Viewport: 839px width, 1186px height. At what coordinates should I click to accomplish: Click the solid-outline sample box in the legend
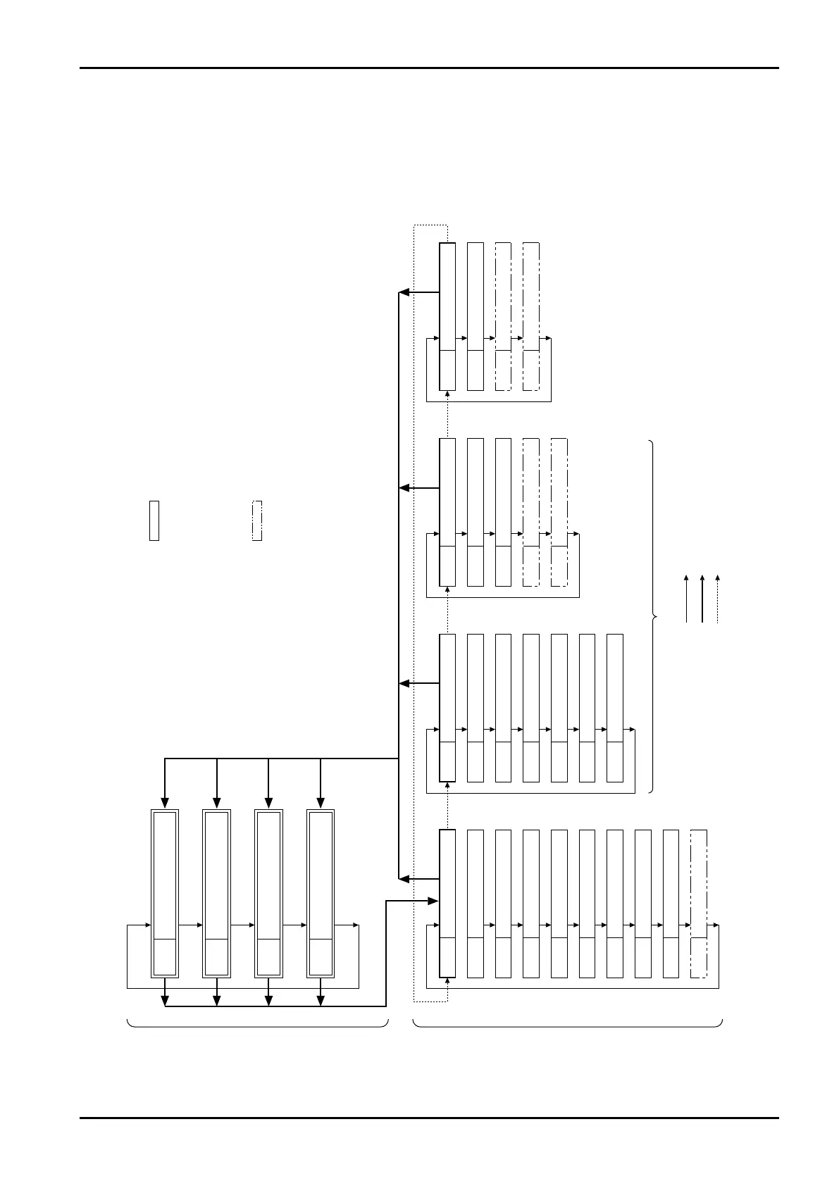[x=154, y=520]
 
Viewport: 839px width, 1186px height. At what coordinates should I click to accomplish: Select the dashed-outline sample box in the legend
[x=257, y=520]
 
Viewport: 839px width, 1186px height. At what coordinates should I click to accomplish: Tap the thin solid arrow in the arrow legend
[x=687, y=599]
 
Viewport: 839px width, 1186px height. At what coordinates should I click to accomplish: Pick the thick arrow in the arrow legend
[x=702, y=599]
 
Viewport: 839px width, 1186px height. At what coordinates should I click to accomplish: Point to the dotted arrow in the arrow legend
[x=718, y=599]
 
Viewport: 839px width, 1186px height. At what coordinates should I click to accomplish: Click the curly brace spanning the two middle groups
[x=654, y=617]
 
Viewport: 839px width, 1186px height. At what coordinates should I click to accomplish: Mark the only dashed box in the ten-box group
[x=699, y=904]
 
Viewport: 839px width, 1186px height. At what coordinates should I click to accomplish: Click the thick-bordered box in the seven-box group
[x=447, y=708]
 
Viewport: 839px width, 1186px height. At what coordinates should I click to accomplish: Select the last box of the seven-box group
[x=615, y=708]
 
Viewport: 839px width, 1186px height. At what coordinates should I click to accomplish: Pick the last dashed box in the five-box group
[x=559, y=512]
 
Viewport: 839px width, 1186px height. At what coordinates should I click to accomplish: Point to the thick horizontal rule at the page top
[x=429, y=68]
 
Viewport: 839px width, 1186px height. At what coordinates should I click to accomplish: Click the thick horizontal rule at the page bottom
[x=429, y=1118]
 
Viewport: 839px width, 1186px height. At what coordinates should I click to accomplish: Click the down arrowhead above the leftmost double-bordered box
[x=165, y=802]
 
